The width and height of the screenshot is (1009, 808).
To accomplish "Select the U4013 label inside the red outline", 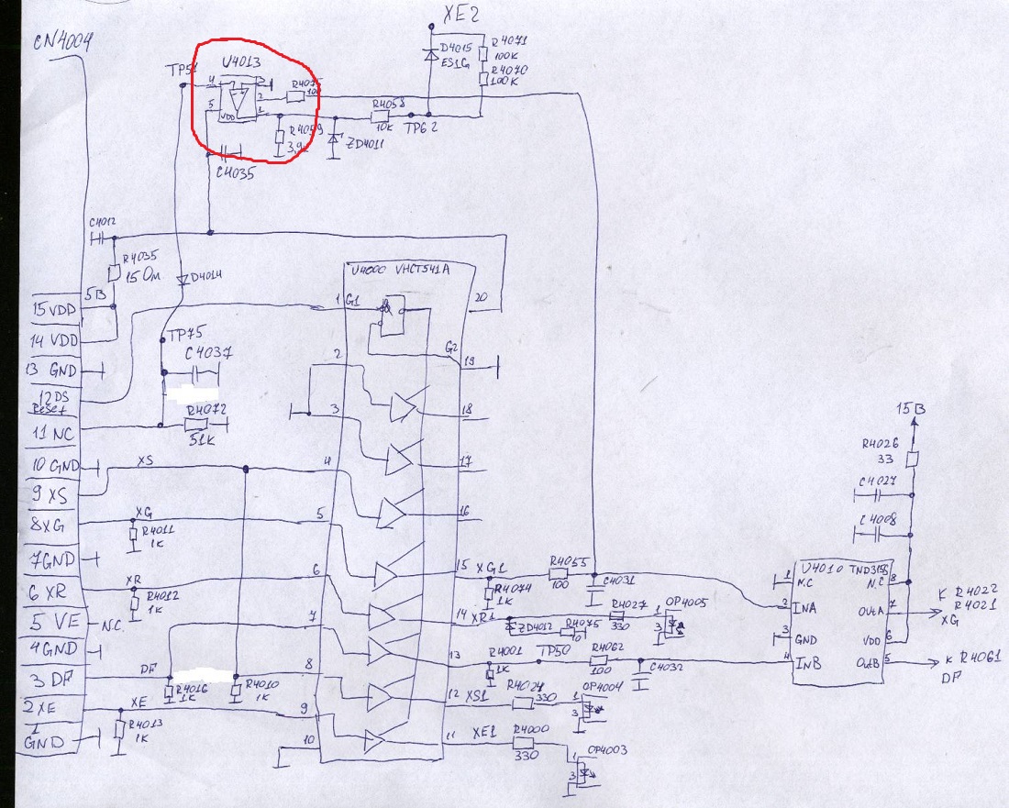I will (240, 63).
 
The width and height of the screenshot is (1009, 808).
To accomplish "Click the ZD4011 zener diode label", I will (365, 143).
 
